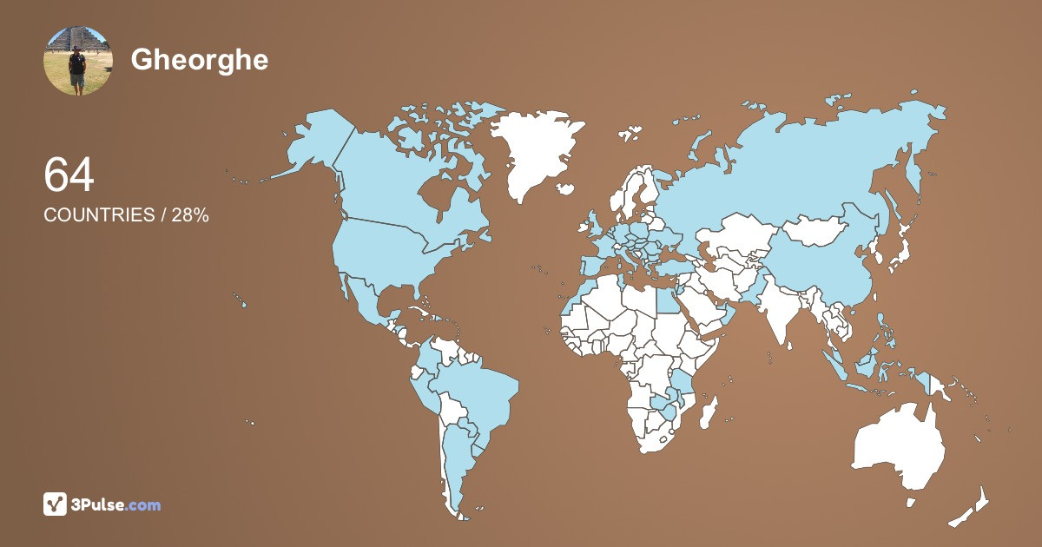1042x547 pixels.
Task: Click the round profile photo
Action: click(78, 61)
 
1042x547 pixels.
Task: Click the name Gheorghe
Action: click(200, 59)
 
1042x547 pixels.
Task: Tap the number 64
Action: click(69, 175)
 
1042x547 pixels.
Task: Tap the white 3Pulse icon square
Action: click(56, 504)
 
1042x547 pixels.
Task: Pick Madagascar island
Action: click(709, 411)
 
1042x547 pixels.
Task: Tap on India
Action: click(781, 317)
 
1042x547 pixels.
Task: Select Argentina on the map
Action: click(456, 460)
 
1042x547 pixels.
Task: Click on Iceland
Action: click(630, 135)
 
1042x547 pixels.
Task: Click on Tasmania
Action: click(912, 502)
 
